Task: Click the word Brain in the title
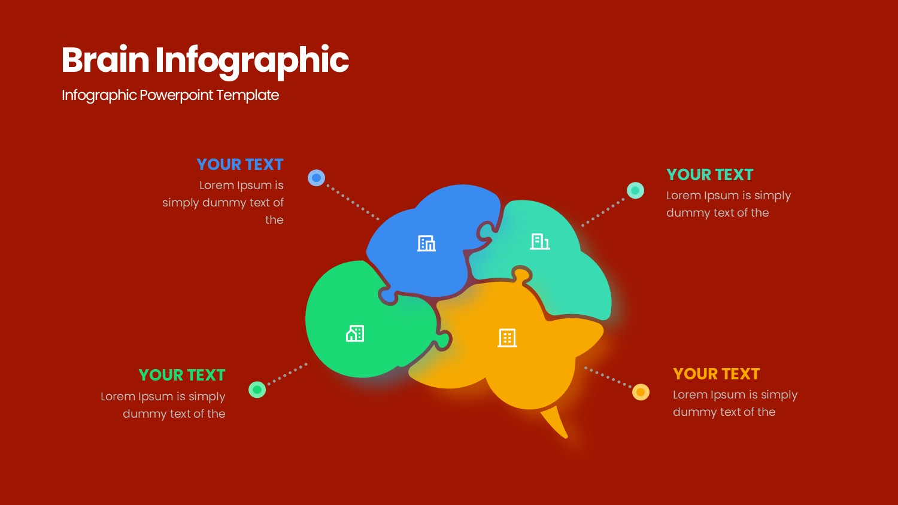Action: [105, 60]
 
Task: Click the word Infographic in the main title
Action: [252, 62]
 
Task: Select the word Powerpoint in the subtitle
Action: [177, 96]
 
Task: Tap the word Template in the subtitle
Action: [247, 95]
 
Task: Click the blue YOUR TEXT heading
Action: [240, 165]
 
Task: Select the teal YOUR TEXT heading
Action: [709, 175]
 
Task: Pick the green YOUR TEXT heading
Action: [182, 375]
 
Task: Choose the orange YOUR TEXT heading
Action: [717, 374]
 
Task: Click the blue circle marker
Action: [316, 178]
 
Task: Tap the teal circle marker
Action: [635, 190]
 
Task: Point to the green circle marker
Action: [257, 390]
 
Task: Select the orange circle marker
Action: [641, 392]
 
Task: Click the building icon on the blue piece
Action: [426, 244]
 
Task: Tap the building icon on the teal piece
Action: [539, 242]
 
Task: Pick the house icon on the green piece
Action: [355, 333]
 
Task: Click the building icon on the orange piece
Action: [507, 338]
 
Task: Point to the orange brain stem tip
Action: [566, 437]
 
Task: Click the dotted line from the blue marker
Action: [353, 202]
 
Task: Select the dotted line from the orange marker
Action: [608, 377]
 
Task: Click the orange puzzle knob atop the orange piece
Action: [522, 276]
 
